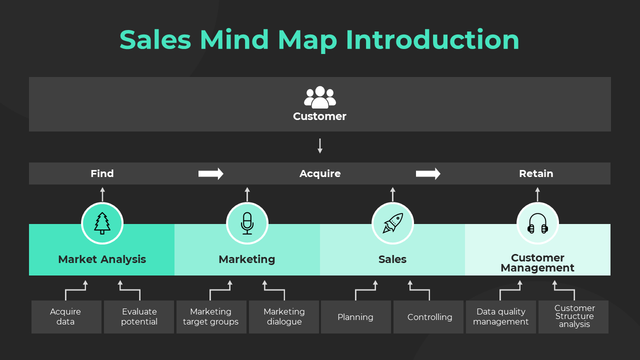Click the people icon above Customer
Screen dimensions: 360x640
point(320,97)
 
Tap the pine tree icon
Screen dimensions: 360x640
point(102,223)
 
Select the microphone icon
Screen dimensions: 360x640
point(247,223)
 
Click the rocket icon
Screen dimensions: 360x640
point(392,223)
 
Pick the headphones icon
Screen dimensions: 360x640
point(537,223)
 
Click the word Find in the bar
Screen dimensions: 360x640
point(102,173)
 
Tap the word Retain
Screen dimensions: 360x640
point(536,173)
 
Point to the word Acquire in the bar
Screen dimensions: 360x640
point(320,173)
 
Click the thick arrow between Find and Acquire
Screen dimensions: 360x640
point(210,173)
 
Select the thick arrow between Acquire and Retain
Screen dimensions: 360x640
point(428,173)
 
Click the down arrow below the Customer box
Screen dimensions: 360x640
point(320,146)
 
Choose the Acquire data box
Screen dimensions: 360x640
point(66,317)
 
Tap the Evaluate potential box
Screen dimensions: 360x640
point(139,317)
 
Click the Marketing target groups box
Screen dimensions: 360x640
point(211,317)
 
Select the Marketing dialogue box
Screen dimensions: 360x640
point(284,317)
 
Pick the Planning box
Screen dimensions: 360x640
point(355,317)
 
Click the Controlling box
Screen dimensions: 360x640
point(429,317)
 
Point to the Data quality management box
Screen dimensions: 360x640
point(501,317)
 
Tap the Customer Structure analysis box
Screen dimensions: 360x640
point(574,317)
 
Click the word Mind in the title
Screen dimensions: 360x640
point(235,40)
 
